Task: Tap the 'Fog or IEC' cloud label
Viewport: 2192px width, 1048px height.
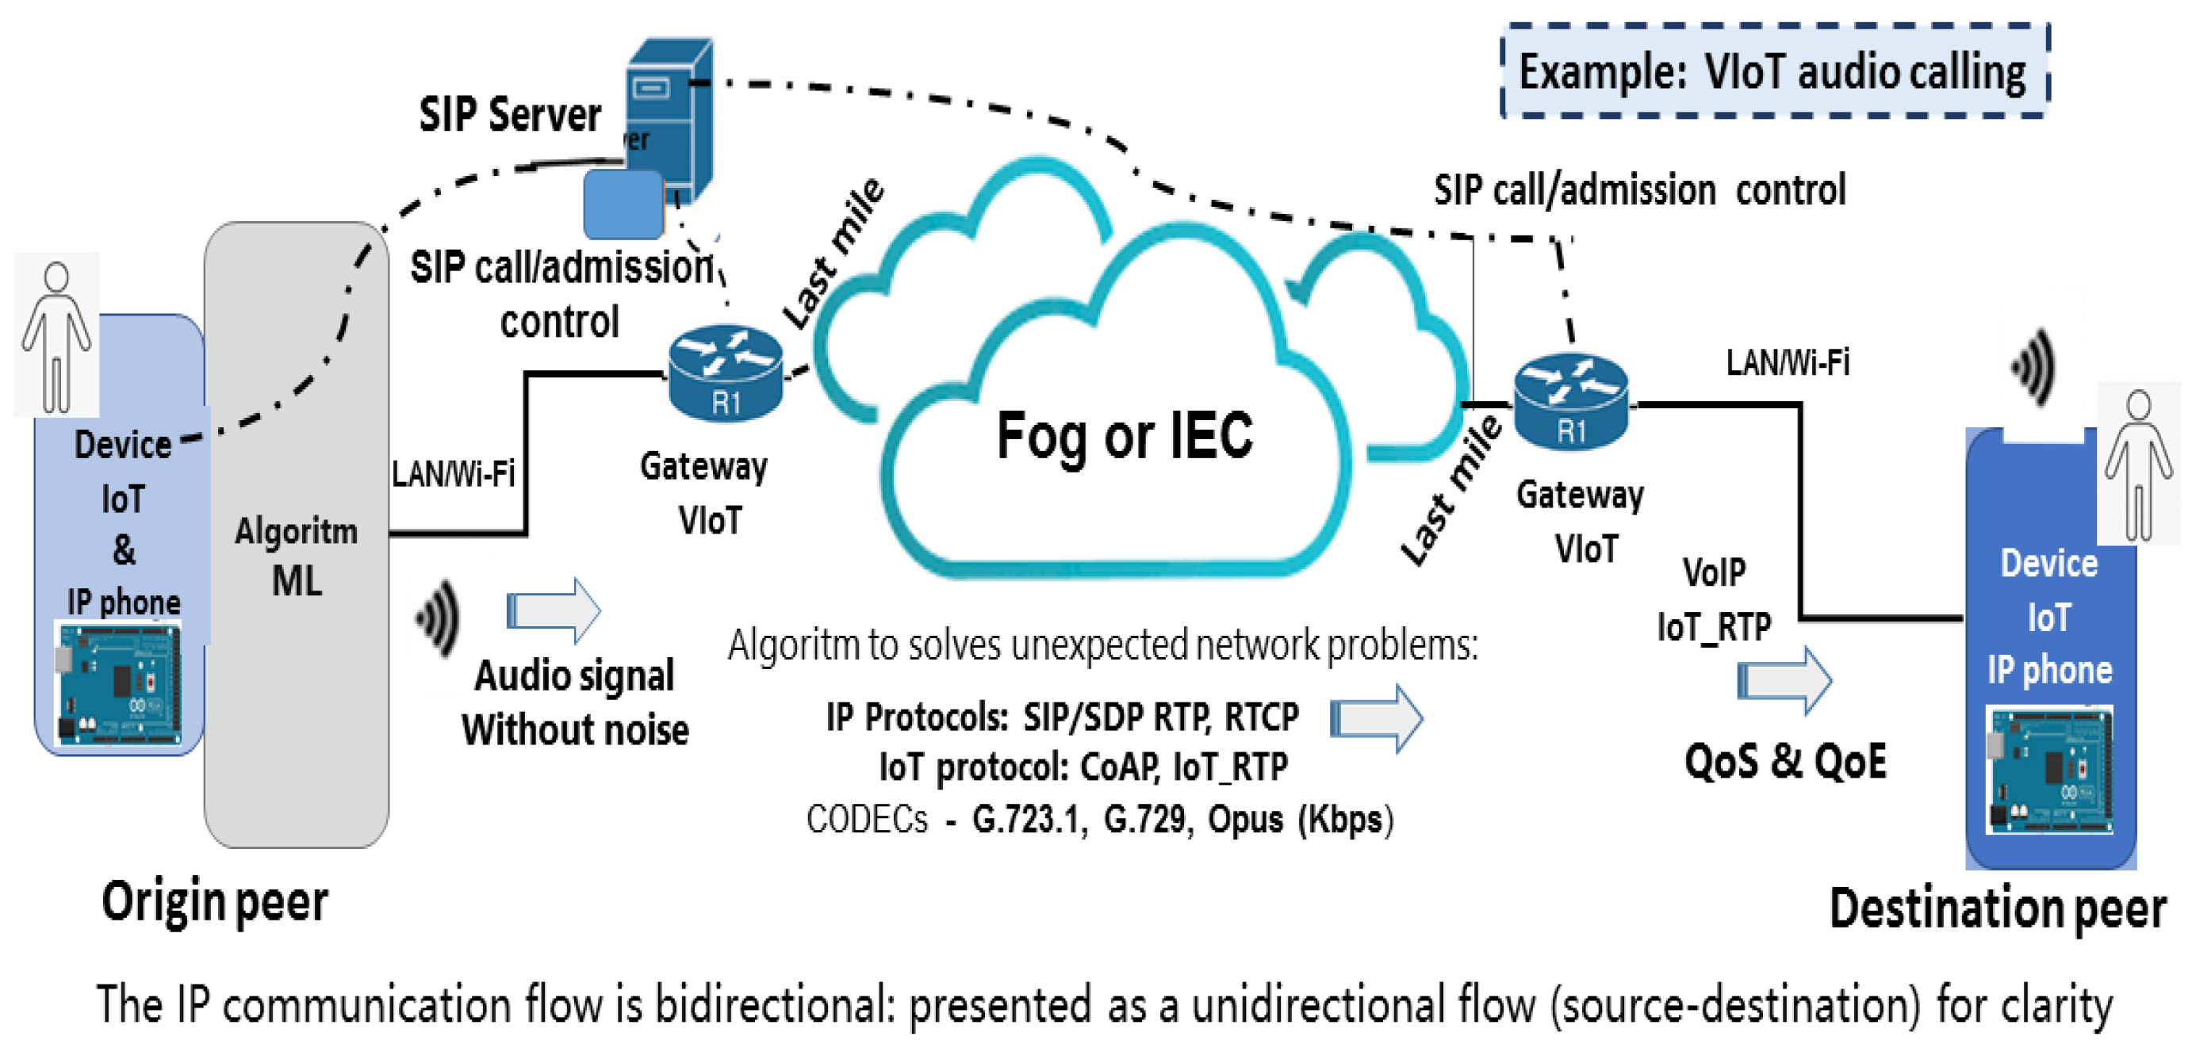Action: tap(1123, 435)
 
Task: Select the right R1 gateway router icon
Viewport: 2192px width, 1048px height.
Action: tap(1571, 401)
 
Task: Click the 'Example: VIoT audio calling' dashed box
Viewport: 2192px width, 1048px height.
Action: tap(1773, 71)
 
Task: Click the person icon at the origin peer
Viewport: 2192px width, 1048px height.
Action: tap(56, 337)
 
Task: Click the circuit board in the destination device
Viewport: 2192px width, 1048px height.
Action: tap(2048, 770)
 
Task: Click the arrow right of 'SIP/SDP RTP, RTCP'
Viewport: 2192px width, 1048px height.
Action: tap(1376, 719)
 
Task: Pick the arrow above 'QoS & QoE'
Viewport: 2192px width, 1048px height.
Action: tap(1784, 680)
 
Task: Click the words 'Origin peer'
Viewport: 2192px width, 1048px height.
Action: tap(214, 901)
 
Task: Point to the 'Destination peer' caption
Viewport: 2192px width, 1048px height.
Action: tap(1996, 908)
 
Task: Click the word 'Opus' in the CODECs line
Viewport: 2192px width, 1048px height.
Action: tap(1245, 819)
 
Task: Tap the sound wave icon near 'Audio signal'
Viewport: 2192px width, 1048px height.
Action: tap(439, 618)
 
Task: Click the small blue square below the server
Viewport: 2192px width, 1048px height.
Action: tap(623, 205)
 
